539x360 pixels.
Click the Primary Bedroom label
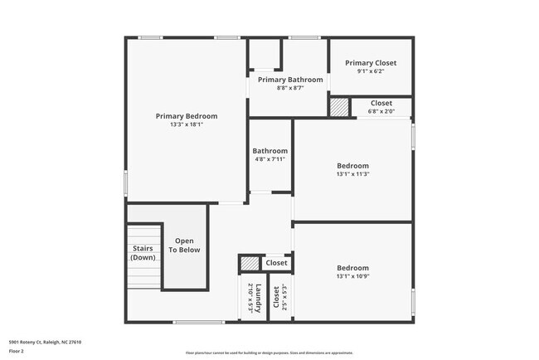(x=187, y=116)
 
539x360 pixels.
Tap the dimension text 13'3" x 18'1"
(x=187, y=125)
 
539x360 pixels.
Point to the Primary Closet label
(x=371, y=63)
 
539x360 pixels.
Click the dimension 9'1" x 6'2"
(x=371, y=71)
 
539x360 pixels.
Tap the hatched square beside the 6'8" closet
(x=339, y=108)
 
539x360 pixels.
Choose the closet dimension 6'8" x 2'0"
(x=381, y=111)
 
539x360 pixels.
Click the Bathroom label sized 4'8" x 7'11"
(x=270, y=151)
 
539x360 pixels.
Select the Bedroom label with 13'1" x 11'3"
(x=352, y=165)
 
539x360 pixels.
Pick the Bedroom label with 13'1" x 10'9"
(x=352, y=267)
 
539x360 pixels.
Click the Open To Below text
(x=184, y=246)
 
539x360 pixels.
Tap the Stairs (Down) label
(x=143, y=253)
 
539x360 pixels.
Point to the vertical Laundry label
(x=259, y=297)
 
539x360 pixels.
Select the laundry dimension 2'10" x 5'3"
(x=250, y=297)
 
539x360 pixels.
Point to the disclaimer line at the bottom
(x=269, y=353)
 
